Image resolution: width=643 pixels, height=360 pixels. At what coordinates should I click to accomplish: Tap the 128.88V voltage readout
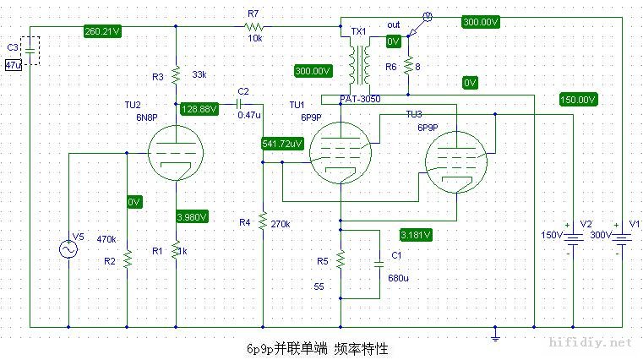click(x=200, y=108)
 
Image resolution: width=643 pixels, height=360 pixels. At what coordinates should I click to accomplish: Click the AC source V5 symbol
click(x=68, y=249)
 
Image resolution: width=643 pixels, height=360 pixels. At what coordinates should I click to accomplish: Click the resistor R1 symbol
click(x=176, y=250)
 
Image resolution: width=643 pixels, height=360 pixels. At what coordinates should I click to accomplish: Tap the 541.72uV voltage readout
click(x=282, y=144)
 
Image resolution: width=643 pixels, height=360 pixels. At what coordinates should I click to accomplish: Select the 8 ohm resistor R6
click(x=407, y=66)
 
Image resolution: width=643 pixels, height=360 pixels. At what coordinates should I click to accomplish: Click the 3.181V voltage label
click(x=415, y=234)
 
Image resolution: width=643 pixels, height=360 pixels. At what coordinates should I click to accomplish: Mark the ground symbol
click(x=495, y=337)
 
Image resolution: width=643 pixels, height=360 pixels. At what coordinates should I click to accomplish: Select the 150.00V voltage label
click(x=578, y=100)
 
